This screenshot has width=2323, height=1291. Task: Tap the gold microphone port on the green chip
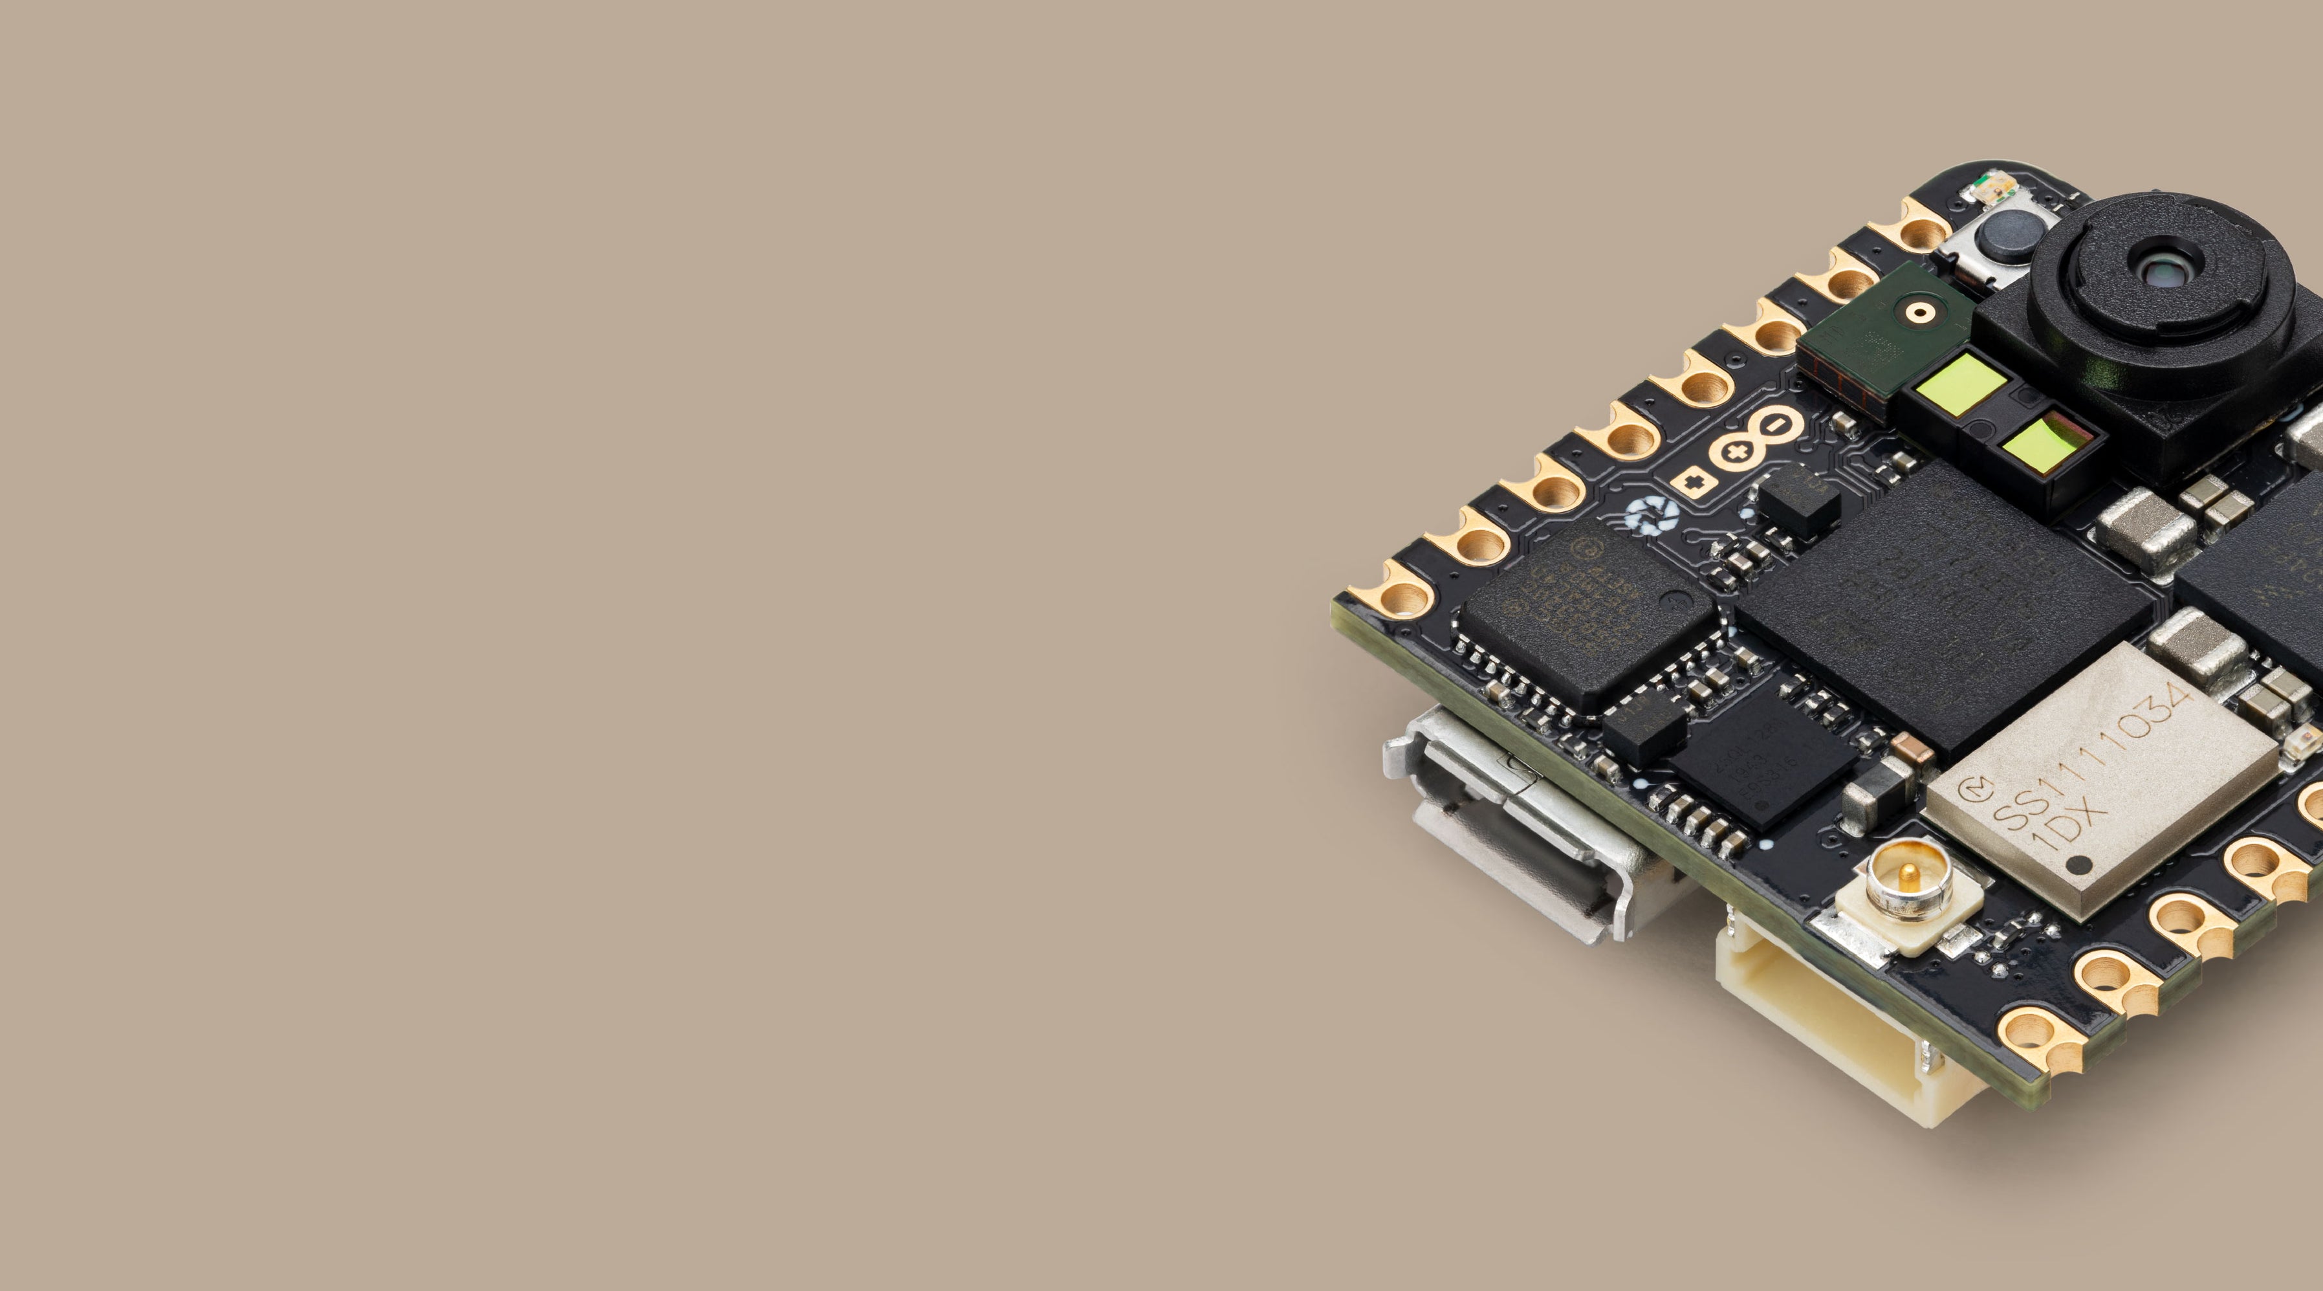1921,312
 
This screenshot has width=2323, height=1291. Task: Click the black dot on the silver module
2080,865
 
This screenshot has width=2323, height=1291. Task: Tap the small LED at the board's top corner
1987,188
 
